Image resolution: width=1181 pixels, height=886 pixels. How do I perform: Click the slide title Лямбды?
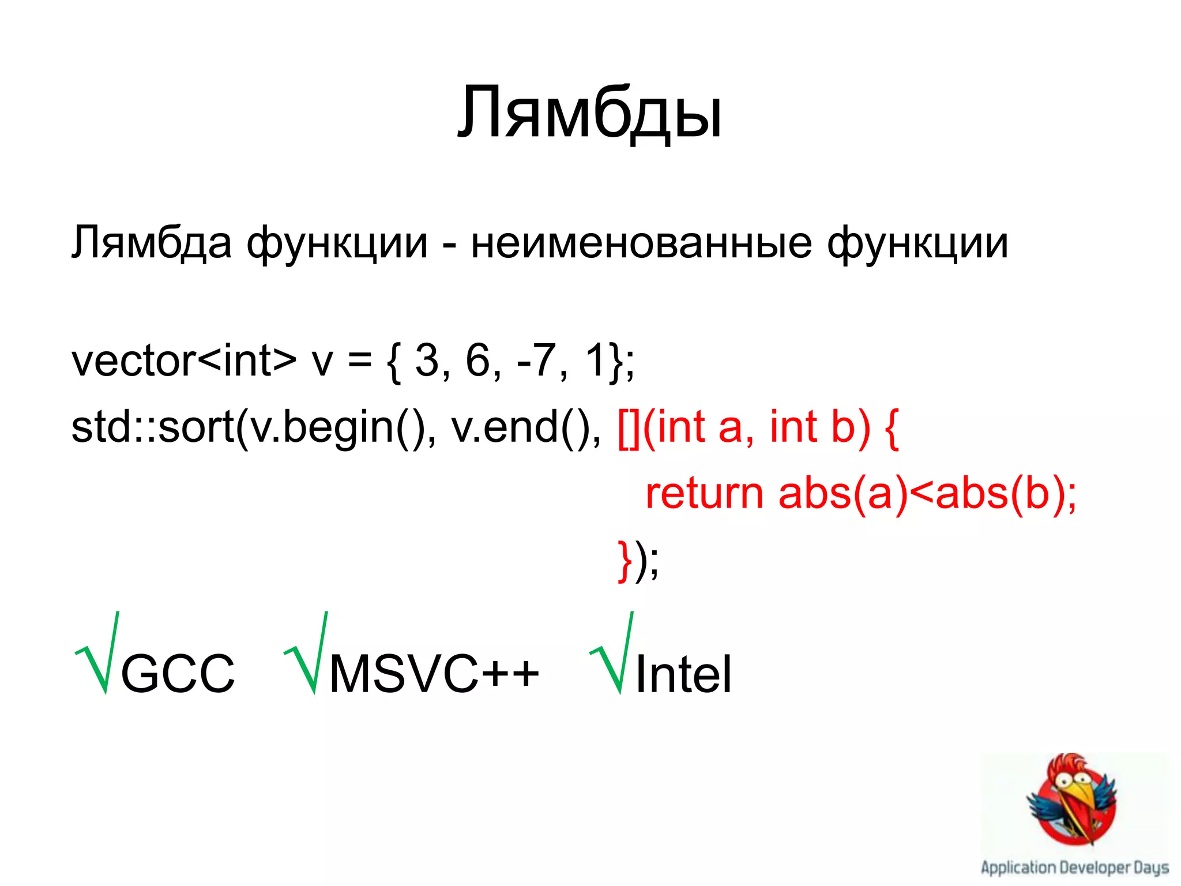point(589,113)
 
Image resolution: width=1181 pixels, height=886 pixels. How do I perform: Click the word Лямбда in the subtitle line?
point(152,242)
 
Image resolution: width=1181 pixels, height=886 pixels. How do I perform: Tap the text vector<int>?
point(183,361)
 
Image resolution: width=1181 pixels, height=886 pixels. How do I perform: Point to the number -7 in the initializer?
point(536,361)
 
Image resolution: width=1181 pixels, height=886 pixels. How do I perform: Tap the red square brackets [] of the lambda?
point(629,429)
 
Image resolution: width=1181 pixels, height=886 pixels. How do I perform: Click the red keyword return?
point(704,494)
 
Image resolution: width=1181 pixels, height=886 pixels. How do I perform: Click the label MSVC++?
point(434,674)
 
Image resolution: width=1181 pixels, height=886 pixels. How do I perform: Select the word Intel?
point(683,674)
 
